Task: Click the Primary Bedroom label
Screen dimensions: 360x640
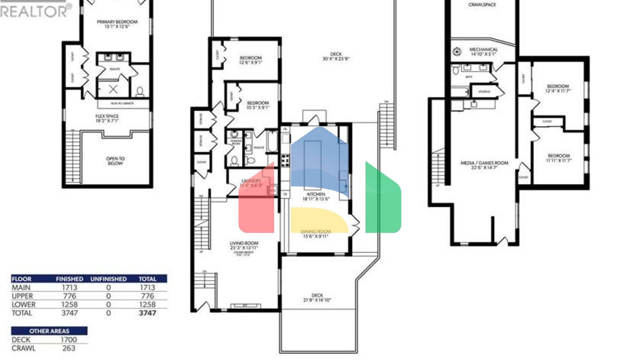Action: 117,24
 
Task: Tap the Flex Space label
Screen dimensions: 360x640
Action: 107,118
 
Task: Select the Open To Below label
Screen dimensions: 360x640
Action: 115,161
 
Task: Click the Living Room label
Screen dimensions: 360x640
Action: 244,245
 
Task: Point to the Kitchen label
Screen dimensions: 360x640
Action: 316,196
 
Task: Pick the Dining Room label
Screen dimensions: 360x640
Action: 316,234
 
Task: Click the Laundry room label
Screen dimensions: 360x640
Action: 251,183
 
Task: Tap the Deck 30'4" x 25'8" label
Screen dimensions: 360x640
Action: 336,56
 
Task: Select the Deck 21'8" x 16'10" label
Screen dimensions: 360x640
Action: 317,297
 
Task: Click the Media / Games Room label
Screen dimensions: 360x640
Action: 484,165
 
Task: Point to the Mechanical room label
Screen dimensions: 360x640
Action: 483,51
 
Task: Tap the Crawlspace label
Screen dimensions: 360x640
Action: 482,5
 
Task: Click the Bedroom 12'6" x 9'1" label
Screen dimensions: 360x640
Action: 251,60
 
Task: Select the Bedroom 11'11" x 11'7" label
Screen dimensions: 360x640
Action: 559,157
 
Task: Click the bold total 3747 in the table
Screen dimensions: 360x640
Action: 147,313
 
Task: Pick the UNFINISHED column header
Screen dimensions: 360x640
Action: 108,279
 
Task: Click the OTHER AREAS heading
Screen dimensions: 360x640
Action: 49,331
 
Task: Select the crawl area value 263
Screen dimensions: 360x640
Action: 69,348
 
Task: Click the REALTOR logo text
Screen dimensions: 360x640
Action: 35,11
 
